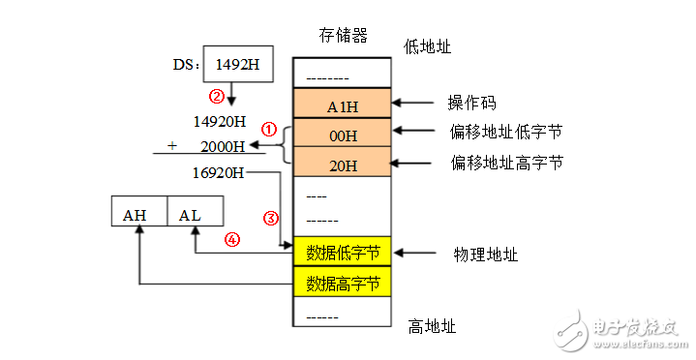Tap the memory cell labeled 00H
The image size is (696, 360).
pyautogui.click(x=343, y=134)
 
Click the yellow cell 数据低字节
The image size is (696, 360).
pyautogui.click(x=343, y=253)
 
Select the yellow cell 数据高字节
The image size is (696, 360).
pyautogui.click(x=343, y=283)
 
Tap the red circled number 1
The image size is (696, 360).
pyautogui.click(x=270, y=128)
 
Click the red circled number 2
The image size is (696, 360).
pyautogui.click(x=218, y=96)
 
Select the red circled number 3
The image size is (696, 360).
pyautogui.click(x=271, y=217)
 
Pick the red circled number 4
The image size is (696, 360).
pyautogui.click(x=232, y=241)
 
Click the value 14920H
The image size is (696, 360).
pyautogui.click(x=220, y=122)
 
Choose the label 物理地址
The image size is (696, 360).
pyautogui.click(x=486, y=255)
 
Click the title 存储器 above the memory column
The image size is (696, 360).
pyautogui.click(x=343, y=36)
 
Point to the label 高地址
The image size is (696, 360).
pyautogui.click(x=430, y=327)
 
